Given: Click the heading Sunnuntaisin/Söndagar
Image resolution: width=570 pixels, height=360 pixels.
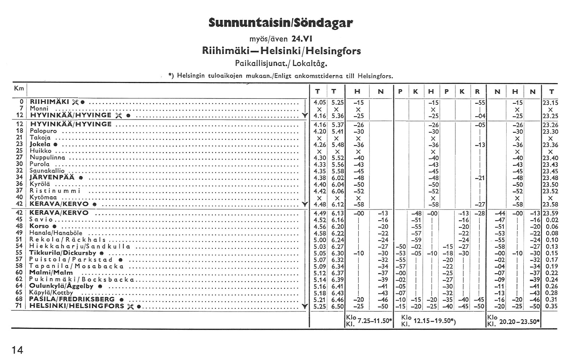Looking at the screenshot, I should (x=281, y=23).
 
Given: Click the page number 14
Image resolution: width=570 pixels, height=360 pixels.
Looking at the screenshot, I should (x=17, y=350).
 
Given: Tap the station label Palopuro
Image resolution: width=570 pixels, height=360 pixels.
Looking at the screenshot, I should (x=43, y=131).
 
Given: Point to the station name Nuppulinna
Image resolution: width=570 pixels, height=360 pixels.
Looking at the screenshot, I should (x=47, y=158).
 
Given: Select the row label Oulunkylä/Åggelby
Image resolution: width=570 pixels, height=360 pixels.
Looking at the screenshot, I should (x=61, y=286).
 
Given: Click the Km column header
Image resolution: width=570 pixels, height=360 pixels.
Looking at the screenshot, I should (x=19, y=88).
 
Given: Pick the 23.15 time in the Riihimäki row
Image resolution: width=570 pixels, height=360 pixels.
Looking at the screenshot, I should (x=550, y=102).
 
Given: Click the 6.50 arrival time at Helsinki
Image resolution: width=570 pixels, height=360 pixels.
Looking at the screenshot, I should (x=337, y=306).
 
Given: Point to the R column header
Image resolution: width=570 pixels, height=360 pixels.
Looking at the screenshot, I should (x=477, y=92).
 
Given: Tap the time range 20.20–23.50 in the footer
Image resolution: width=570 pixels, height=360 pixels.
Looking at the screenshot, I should (x=519, y=322).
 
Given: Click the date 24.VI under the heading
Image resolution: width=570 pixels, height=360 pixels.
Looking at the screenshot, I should (x=302, y=38).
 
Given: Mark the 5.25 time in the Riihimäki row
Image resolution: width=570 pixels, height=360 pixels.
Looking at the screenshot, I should (x=337, y=102).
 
